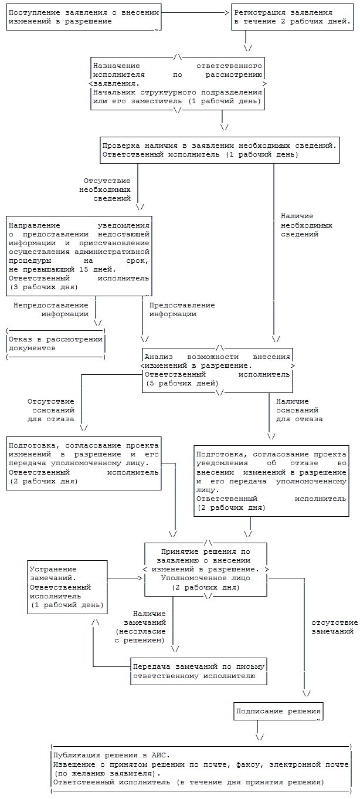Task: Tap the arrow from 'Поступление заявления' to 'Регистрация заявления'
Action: (x=196, y=12)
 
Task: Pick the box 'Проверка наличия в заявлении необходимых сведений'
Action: (x=219, y=150)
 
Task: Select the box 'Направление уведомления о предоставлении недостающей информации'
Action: (x=79, y=256)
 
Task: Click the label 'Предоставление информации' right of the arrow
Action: (x=182, y=309)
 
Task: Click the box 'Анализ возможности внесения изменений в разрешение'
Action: (x=218, y=370)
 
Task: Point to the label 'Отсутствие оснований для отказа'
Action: (x=51, y=411)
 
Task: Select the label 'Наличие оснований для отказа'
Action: (x=298, y=411)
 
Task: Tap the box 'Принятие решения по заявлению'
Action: (x=206, y=569)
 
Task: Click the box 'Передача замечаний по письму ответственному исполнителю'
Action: (x=199, y=671)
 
